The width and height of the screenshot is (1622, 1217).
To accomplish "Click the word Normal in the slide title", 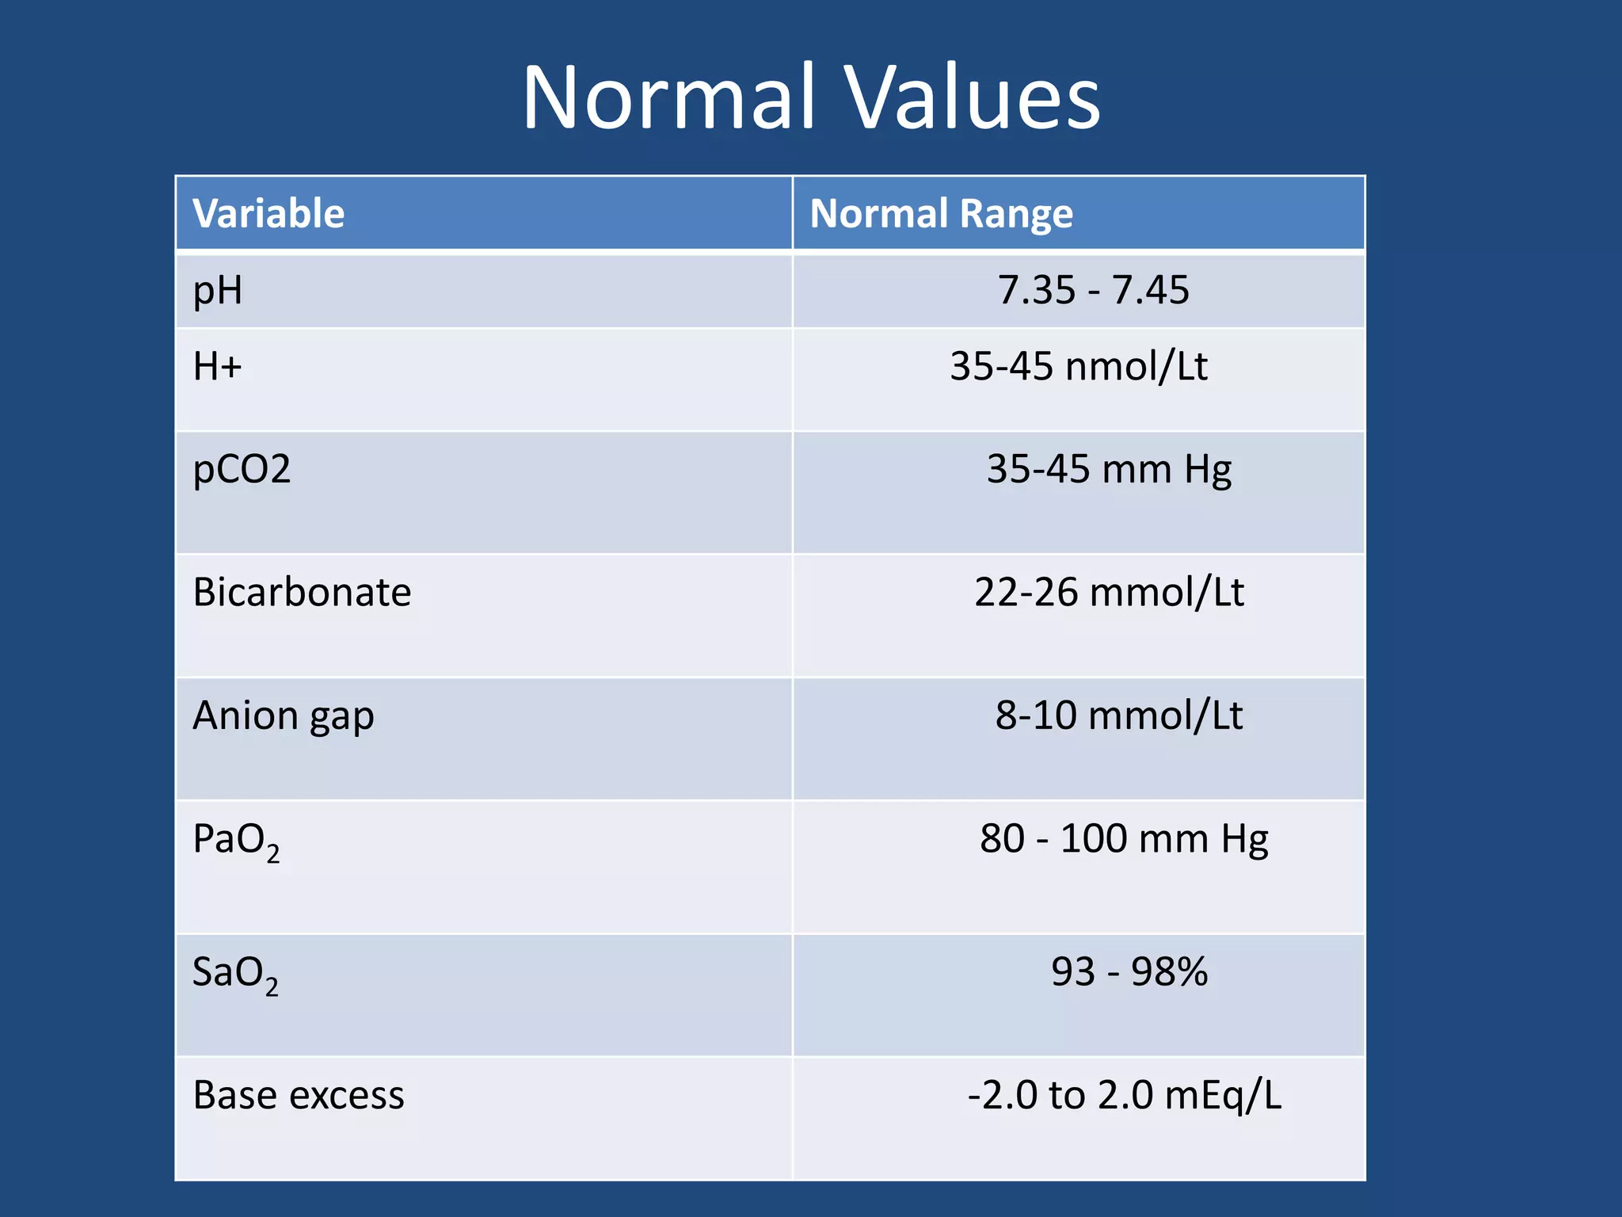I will pos(669,98).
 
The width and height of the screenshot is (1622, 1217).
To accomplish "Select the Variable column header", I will pos(268,214).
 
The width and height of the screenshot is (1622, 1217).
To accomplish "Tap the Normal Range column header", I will pos(941,214).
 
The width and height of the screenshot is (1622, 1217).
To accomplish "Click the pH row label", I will pos(218,291).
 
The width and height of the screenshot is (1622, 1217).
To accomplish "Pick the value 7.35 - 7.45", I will pos(1093,290).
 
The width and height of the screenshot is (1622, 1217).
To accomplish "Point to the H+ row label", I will pos(217,367).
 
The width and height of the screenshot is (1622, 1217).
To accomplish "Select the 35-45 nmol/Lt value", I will pos(1079,367).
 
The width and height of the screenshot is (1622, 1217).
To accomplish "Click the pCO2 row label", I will pos(242,469).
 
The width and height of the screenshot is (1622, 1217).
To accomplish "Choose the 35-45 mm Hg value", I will pos(1109,469).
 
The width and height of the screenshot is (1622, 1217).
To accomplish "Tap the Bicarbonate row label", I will pos(302,593).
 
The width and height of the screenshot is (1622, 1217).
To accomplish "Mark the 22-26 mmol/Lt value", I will pos(1109,593).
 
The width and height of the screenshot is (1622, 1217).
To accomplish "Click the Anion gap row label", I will pos(283,716).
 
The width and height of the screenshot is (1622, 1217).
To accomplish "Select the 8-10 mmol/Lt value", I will pos(1118,715).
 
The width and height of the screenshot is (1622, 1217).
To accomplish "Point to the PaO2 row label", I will pos(236,841).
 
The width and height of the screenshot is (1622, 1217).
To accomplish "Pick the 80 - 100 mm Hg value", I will pos(1123,839).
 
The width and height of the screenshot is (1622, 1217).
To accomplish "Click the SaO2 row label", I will pos(235,974).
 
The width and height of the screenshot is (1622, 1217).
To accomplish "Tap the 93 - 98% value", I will pos(1129,972).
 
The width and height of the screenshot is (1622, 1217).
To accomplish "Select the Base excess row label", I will pos(299,1096).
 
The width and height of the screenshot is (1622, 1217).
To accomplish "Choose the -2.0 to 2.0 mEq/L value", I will pos(1124,1096).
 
